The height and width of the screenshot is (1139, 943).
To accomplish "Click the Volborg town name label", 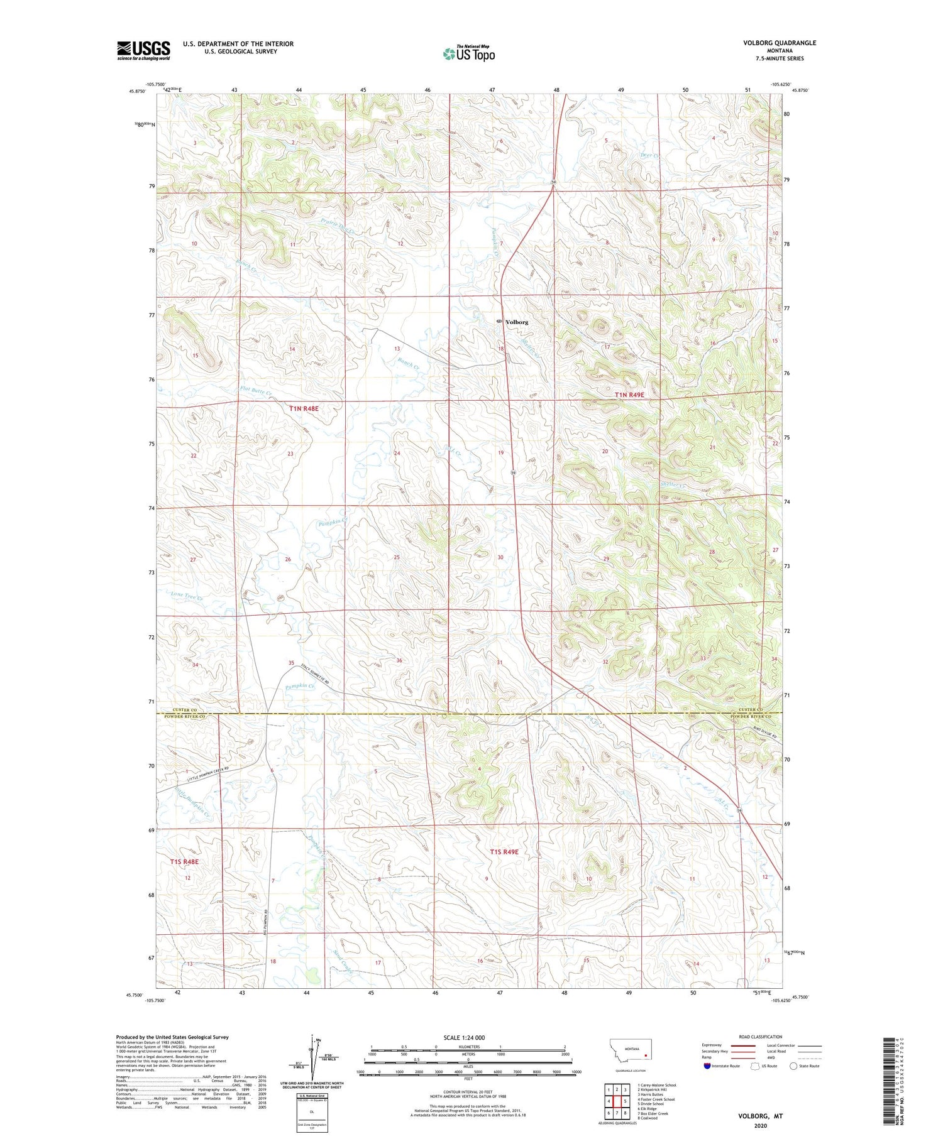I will point(517,322).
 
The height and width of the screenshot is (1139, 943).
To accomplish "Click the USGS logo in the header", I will point(143,50).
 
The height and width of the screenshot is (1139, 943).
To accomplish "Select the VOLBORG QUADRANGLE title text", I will point(779,43).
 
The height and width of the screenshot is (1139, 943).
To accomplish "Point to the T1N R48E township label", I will point(304,408).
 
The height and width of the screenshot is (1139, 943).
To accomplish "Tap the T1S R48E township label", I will point(184,862).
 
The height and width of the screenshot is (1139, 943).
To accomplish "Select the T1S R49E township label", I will point(504,852).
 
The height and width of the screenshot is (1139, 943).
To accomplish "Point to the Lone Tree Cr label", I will point(187,595).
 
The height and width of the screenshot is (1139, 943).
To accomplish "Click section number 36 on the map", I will point(399,660).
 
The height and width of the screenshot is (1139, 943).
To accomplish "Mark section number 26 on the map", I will point(288,559).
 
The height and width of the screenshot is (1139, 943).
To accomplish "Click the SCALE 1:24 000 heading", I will point(469,1037).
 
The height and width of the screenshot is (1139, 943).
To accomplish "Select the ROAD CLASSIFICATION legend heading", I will point(761,1037).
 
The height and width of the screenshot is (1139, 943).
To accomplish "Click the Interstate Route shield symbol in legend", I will point(707,1065).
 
